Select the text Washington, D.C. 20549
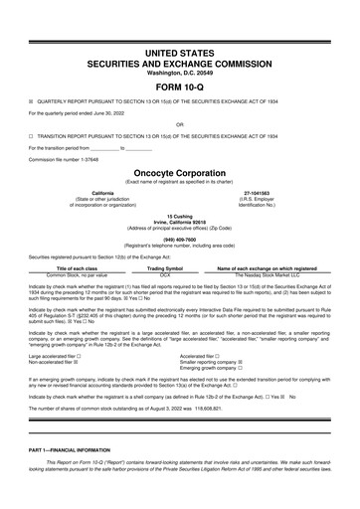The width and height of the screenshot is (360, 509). [179, 71]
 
